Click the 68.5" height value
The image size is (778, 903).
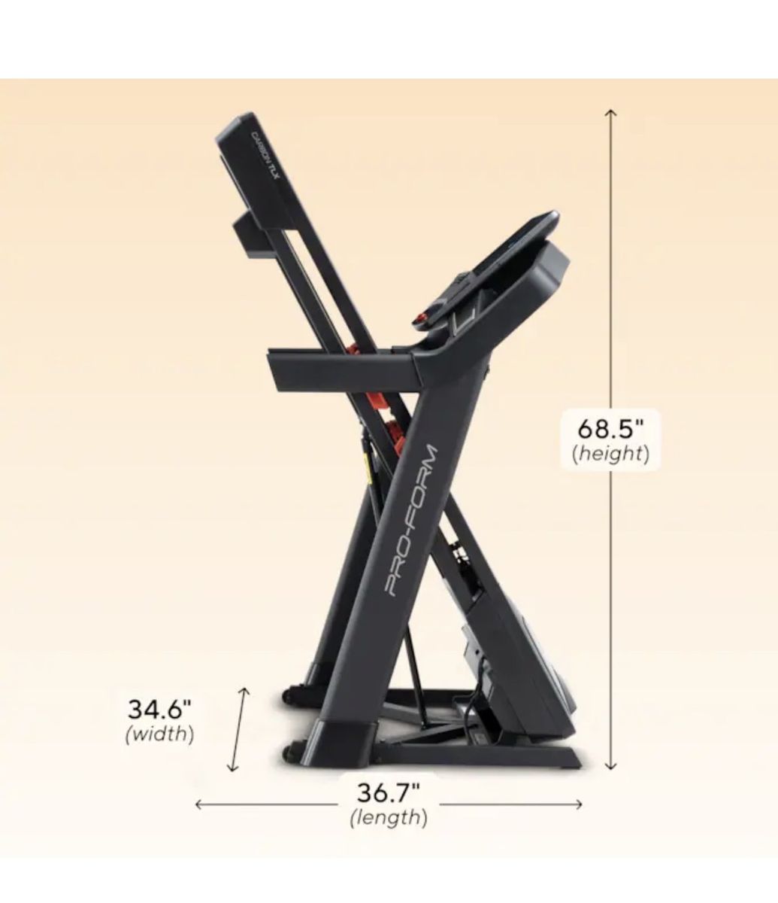(x=610, y=429)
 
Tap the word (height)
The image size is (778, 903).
(x=610, y=454)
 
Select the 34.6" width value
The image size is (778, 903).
(x=159, y=709)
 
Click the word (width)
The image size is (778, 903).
(x=159, y=734)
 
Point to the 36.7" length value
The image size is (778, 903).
(x=389, y=793)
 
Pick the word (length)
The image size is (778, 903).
(x=389, y=818)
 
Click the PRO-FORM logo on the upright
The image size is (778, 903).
(x=411, y=521)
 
